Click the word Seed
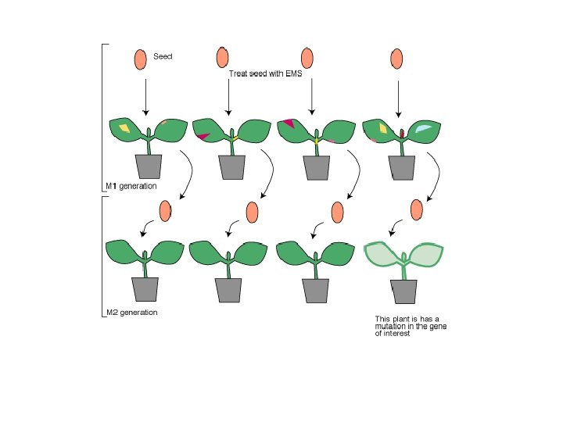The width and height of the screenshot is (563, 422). [163, 56]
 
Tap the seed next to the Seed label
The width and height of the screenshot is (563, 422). [140, 59]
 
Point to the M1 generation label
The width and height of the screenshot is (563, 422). [131, 187]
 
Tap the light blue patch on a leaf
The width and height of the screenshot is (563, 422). [423, 128]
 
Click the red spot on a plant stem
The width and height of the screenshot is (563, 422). [402, 134]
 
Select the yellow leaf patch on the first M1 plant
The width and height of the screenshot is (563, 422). [123, 127]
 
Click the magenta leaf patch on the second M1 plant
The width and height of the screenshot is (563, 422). [203, 137]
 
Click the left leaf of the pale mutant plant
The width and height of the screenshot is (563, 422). [383, 256]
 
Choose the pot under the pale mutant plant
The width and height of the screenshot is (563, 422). [404, 290]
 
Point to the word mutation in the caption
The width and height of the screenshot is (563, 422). [393, 326]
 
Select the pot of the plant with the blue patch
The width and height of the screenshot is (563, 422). [402, 166]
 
